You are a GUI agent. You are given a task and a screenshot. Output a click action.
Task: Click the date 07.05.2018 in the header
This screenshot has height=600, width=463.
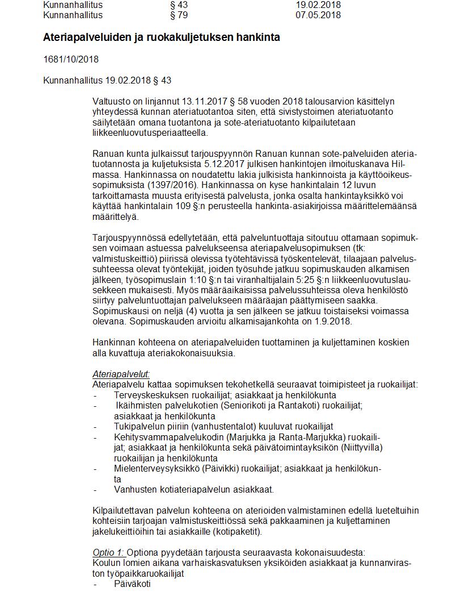click(318, 15)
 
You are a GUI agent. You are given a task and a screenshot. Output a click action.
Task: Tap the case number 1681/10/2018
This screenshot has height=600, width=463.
click(71, 59)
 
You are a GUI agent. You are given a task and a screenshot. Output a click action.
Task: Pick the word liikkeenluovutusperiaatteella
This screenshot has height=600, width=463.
click(150, 133)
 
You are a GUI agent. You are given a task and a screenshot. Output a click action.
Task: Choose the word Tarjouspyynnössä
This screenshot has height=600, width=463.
click(127, 238)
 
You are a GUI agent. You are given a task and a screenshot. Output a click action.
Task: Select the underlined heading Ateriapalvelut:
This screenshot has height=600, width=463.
click(121, 374)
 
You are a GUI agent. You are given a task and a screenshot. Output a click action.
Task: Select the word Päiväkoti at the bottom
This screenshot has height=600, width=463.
click(132, 584)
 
